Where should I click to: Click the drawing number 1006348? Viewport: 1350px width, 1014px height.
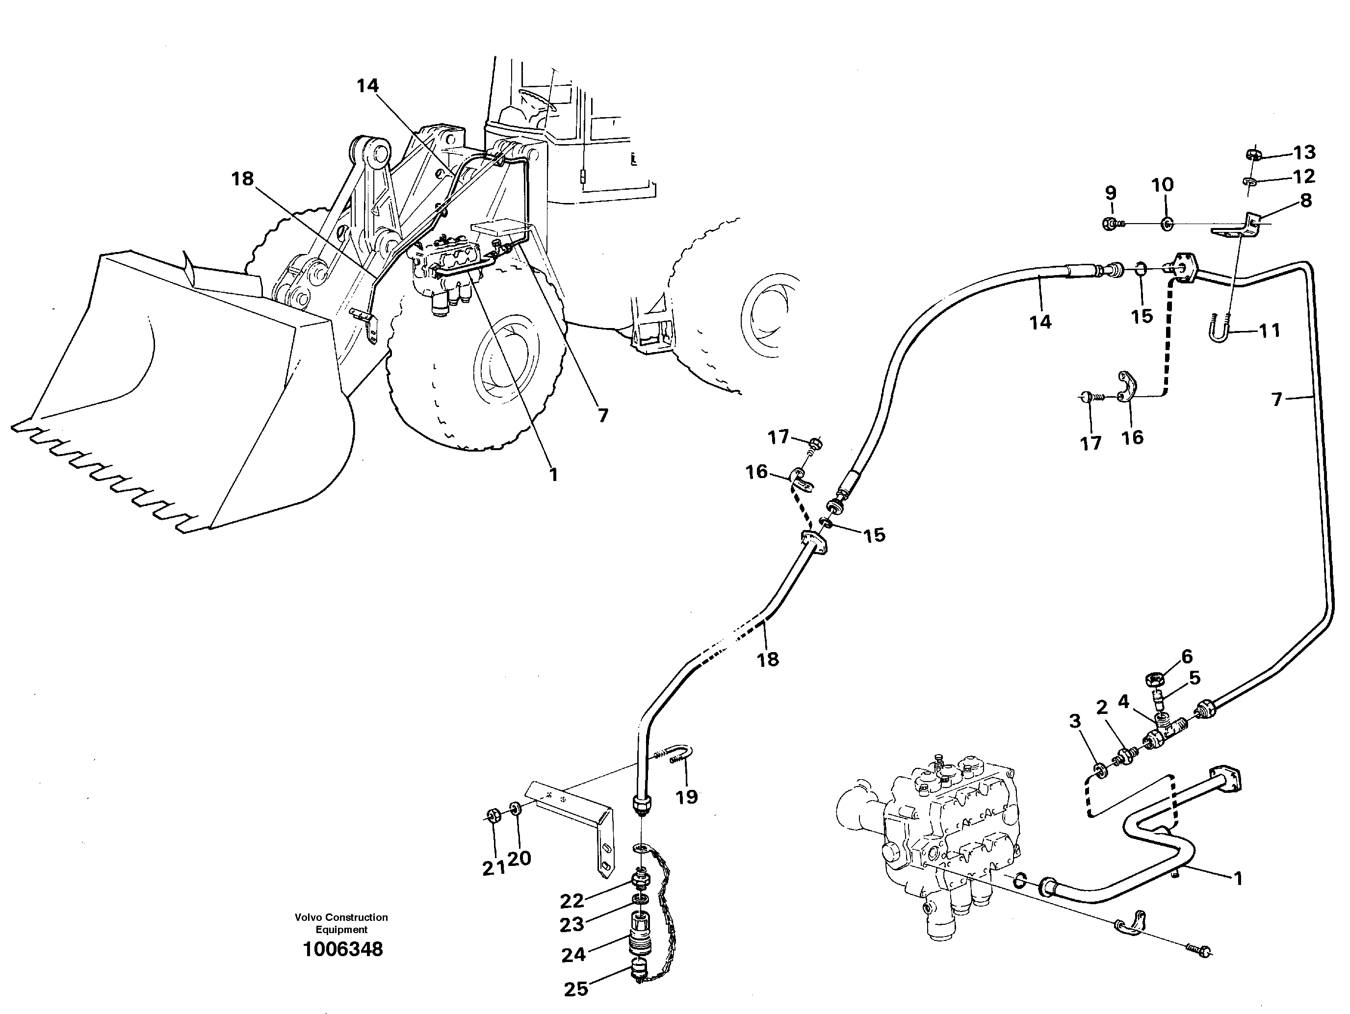[x=343, y=949]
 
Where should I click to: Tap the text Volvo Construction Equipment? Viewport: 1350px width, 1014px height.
[x=341, y=923]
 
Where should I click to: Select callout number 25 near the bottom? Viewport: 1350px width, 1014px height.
[x=575, y=989]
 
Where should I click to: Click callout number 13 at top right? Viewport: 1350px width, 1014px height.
[x=1305, y=152]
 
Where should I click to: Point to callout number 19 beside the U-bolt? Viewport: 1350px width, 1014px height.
[x=687, y=797]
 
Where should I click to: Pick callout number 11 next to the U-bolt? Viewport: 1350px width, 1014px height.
[x=1270, y=330]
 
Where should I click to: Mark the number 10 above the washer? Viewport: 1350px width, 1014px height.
[x=1163, y=184]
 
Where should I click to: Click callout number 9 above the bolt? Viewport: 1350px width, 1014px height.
[x=1111, y=193]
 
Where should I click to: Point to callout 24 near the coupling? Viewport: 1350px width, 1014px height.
[x=573, y=955]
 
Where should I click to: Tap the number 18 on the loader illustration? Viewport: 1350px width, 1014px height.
[x=242, y=179]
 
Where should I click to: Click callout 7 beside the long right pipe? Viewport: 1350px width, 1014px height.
[x=1277, y=400]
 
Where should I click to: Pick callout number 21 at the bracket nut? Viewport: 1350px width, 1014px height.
[x=493, y=868]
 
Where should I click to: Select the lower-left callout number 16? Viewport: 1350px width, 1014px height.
[x=757, y=472]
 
